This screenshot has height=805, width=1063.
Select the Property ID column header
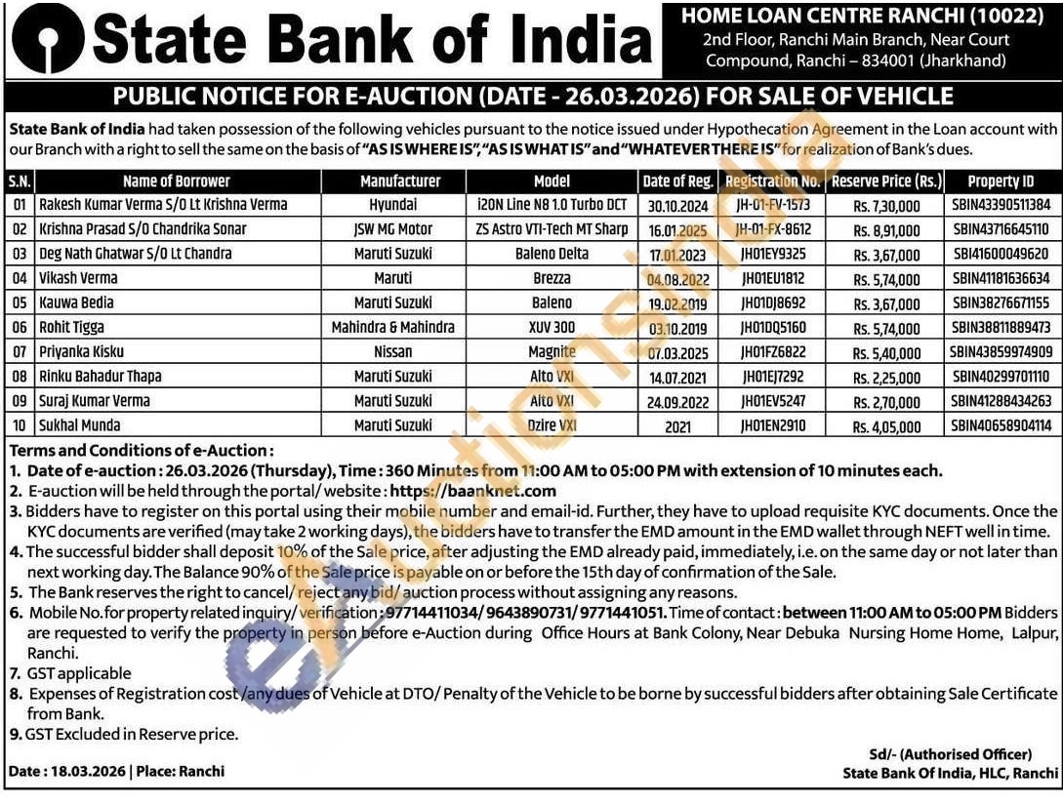coord(1001,181)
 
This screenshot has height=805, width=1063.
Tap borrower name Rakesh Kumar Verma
coord(162,205)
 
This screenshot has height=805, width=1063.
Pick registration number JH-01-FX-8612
coord(772,229)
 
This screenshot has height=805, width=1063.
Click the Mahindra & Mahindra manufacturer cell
coord(392,327)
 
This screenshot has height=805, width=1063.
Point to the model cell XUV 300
coord(552,327)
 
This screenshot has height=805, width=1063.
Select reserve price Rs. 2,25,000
coord(886,377)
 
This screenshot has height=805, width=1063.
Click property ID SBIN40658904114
coord(1001,426)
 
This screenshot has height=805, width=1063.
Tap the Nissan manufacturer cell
coord(392,351)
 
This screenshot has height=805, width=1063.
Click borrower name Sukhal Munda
coord(80,425)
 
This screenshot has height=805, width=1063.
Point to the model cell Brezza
coord(552,278)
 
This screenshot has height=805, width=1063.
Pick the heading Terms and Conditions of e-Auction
coord(142,451)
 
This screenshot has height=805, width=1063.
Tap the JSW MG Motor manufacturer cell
coord(392,229)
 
